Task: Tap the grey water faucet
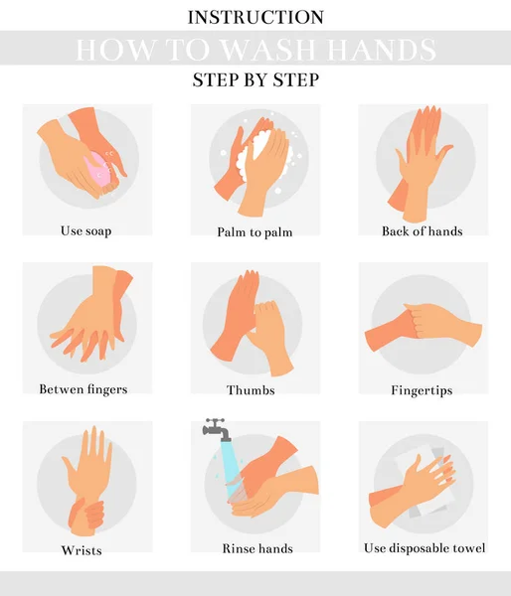click(217, 429)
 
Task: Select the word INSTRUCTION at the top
click(255, 18)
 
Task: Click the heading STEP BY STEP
click(255, 79)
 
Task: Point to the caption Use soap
click(85, 231)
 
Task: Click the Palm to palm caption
click(255, 231)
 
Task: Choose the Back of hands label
click(423, 231)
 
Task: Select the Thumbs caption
click(251, 390)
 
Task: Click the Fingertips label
click(422, 390)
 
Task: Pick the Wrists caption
click(82, 550)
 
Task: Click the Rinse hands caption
click(257, 548)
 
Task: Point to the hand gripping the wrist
click(86, 517)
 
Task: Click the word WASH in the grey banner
click(268, 50)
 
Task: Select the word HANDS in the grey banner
click(382, 50)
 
